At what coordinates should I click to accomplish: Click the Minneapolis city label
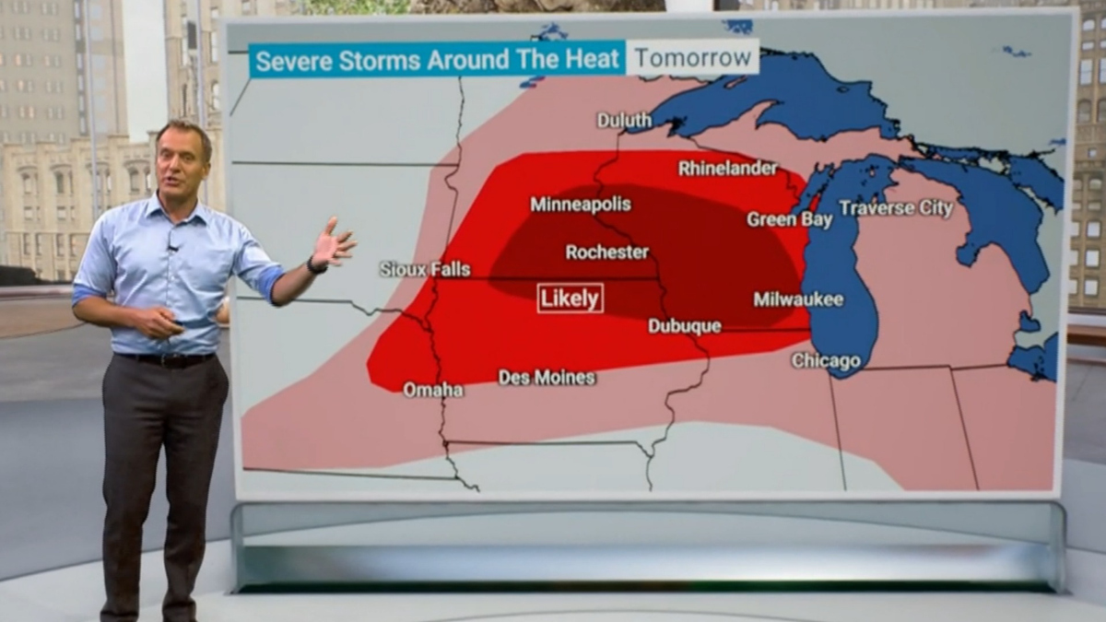(x=581, y=205)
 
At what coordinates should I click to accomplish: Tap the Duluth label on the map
(x=624, y=121)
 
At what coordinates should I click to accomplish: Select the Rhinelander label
(x=728, y=169)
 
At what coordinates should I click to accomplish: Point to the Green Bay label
(x=790, y=219)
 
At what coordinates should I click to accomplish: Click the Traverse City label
(x=896, y=208)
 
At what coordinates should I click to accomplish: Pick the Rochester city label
(x=607, y=252)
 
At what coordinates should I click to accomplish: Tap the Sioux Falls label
(x=425, y=269)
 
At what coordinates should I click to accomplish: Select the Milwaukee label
(x=798, y=299)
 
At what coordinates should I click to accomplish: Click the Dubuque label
(x=685, y=326)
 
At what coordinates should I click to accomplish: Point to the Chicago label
(x=826, y=361)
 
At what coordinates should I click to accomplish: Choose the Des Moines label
(x=547, y=378)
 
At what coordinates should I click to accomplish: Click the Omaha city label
(x=433, y=390)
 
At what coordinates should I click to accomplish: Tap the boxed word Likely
(x=571, y=298)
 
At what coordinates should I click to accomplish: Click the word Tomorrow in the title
(x=693, y=58)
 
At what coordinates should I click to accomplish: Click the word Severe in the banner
(x=286, y=62)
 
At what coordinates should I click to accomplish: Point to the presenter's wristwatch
(x=316, y=265)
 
